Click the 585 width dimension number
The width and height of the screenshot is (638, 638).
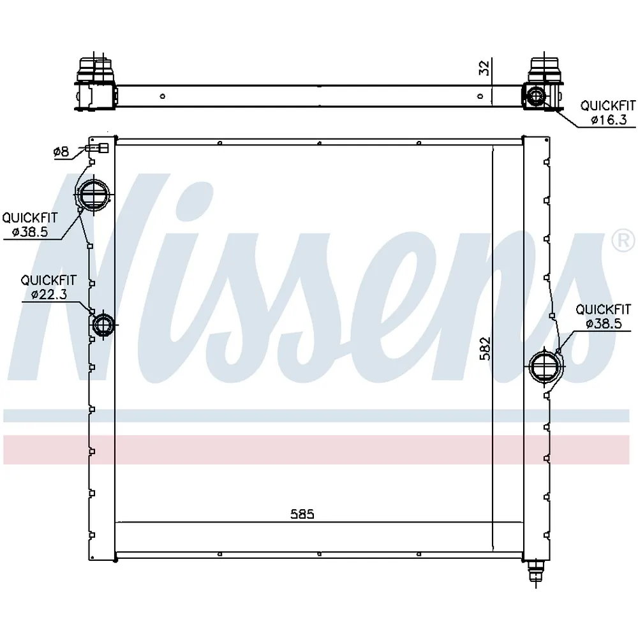tap(302, 514)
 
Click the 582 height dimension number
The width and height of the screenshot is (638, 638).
tap(485, 348)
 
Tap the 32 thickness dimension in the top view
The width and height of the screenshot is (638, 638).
tap(484, 68)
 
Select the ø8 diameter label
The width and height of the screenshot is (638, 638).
tap(61, 152)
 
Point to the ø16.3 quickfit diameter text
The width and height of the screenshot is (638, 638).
tap(609, 120)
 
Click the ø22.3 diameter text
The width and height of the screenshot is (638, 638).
tap(49, 294)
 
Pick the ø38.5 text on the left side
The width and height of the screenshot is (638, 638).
tap(30, 232)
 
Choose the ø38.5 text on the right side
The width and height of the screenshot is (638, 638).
tap(604, 323)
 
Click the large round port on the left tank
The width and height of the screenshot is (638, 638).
tap(94, 194)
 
